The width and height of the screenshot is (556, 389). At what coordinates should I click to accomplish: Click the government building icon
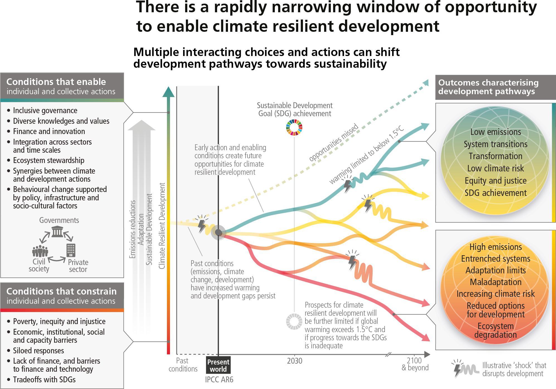point(57,232)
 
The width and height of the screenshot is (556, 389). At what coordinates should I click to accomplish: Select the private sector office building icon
point(71,250)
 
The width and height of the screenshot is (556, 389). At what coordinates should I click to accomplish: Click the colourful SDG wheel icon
point(294,127)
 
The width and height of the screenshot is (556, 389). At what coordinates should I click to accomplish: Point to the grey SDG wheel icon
point(294,322)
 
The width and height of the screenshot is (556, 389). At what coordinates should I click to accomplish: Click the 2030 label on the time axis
point(295,361)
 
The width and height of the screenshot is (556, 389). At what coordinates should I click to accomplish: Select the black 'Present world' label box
point(218,366)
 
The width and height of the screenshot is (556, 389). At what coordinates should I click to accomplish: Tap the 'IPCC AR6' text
point(219,380)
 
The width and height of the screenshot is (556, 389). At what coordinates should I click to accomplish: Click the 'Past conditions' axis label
point(183,365)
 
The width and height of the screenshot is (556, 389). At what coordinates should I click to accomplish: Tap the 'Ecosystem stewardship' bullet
point(46,160)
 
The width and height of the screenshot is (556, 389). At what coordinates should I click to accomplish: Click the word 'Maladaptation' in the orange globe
point(496,282)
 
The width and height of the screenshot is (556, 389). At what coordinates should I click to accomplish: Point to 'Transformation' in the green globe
point(496,156)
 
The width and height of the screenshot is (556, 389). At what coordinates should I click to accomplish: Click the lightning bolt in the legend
point(457,368)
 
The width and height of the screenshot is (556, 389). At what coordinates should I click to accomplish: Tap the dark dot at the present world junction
point(218,232)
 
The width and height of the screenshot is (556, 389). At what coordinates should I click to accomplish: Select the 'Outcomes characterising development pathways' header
point(496,87)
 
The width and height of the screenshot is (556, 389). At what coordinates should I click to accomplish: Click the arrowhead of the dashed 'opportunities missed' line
point(426,83)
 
